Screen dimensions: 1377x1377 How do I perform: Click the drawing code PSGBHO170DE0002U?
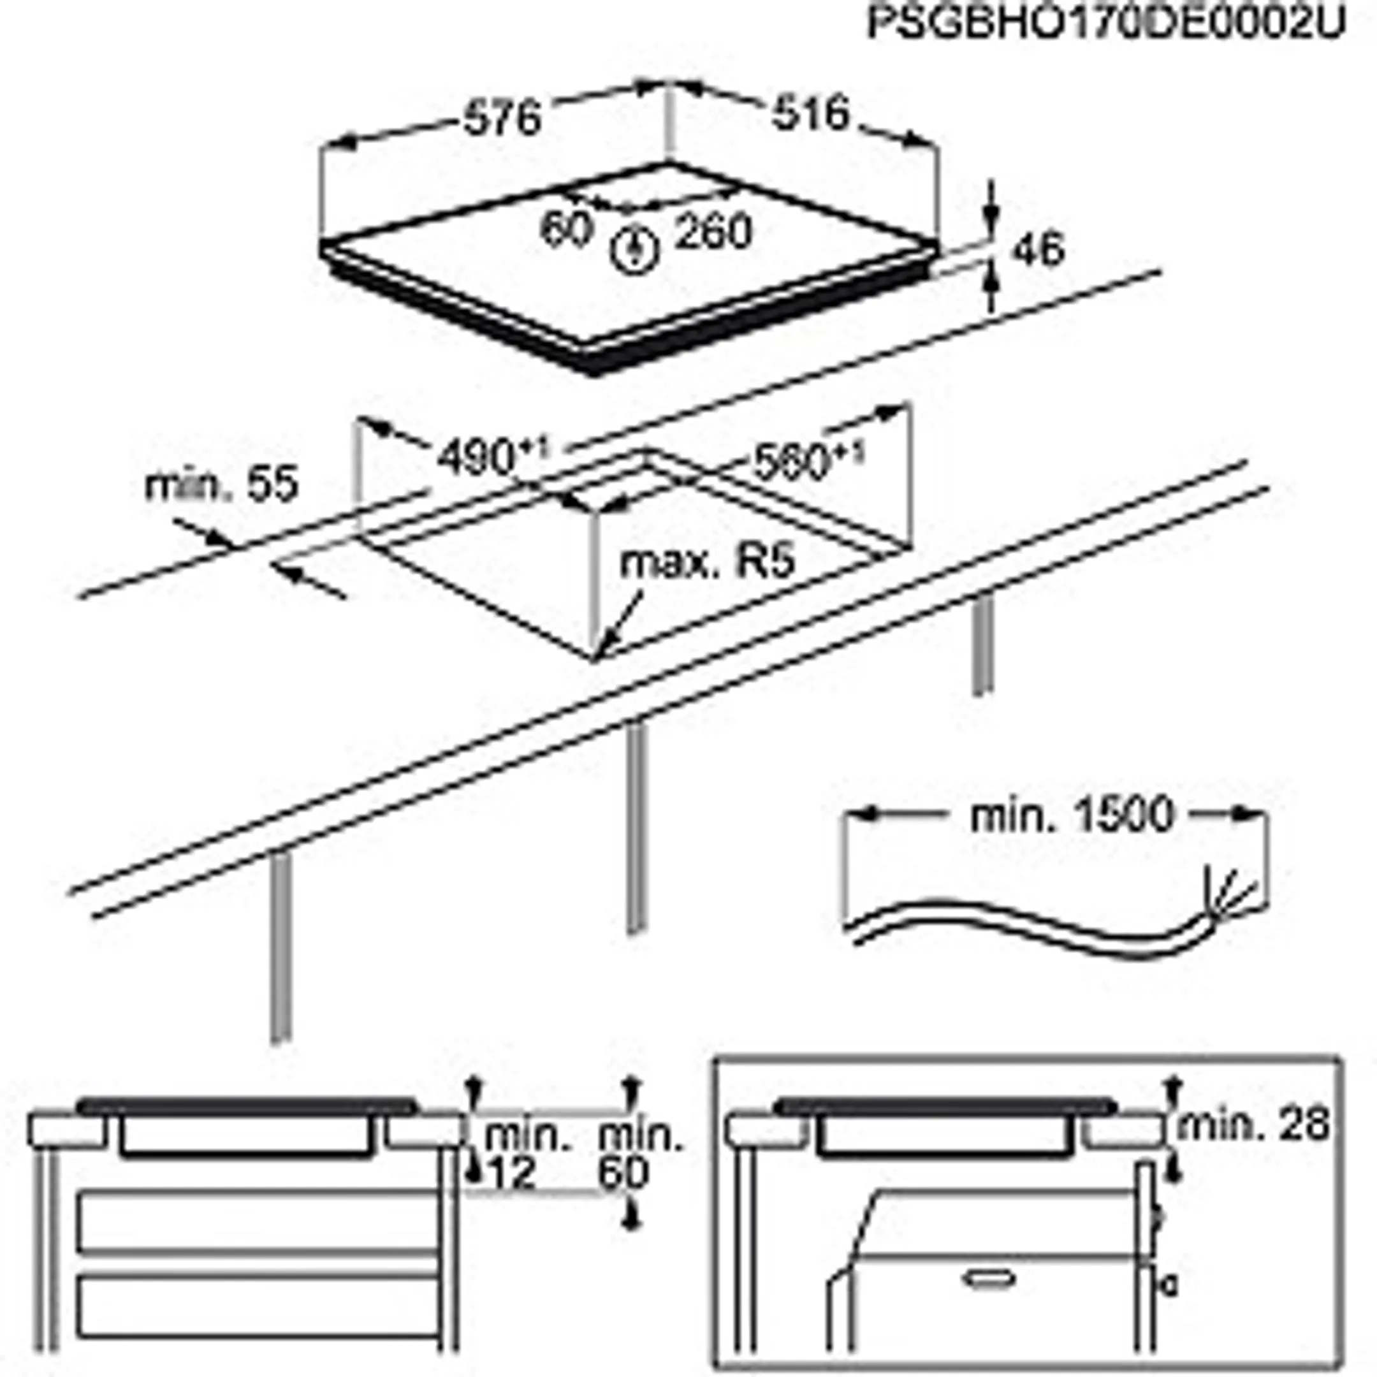point(1105,24)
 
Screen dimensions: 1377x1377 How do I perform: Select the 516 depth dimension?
point(811,113)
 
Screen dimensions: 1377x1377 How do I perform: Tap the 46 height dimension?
point(1038,250)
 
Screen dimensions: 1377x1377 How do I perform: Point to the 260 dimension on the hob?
point(713,232)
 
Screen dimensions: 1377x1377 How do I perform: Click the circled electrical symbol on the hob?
point(634,250)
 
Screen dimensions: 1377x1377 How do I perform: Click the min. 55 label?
point(221,486)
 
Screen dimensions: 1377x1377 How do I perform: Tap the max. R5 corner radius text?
point(706,563)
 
